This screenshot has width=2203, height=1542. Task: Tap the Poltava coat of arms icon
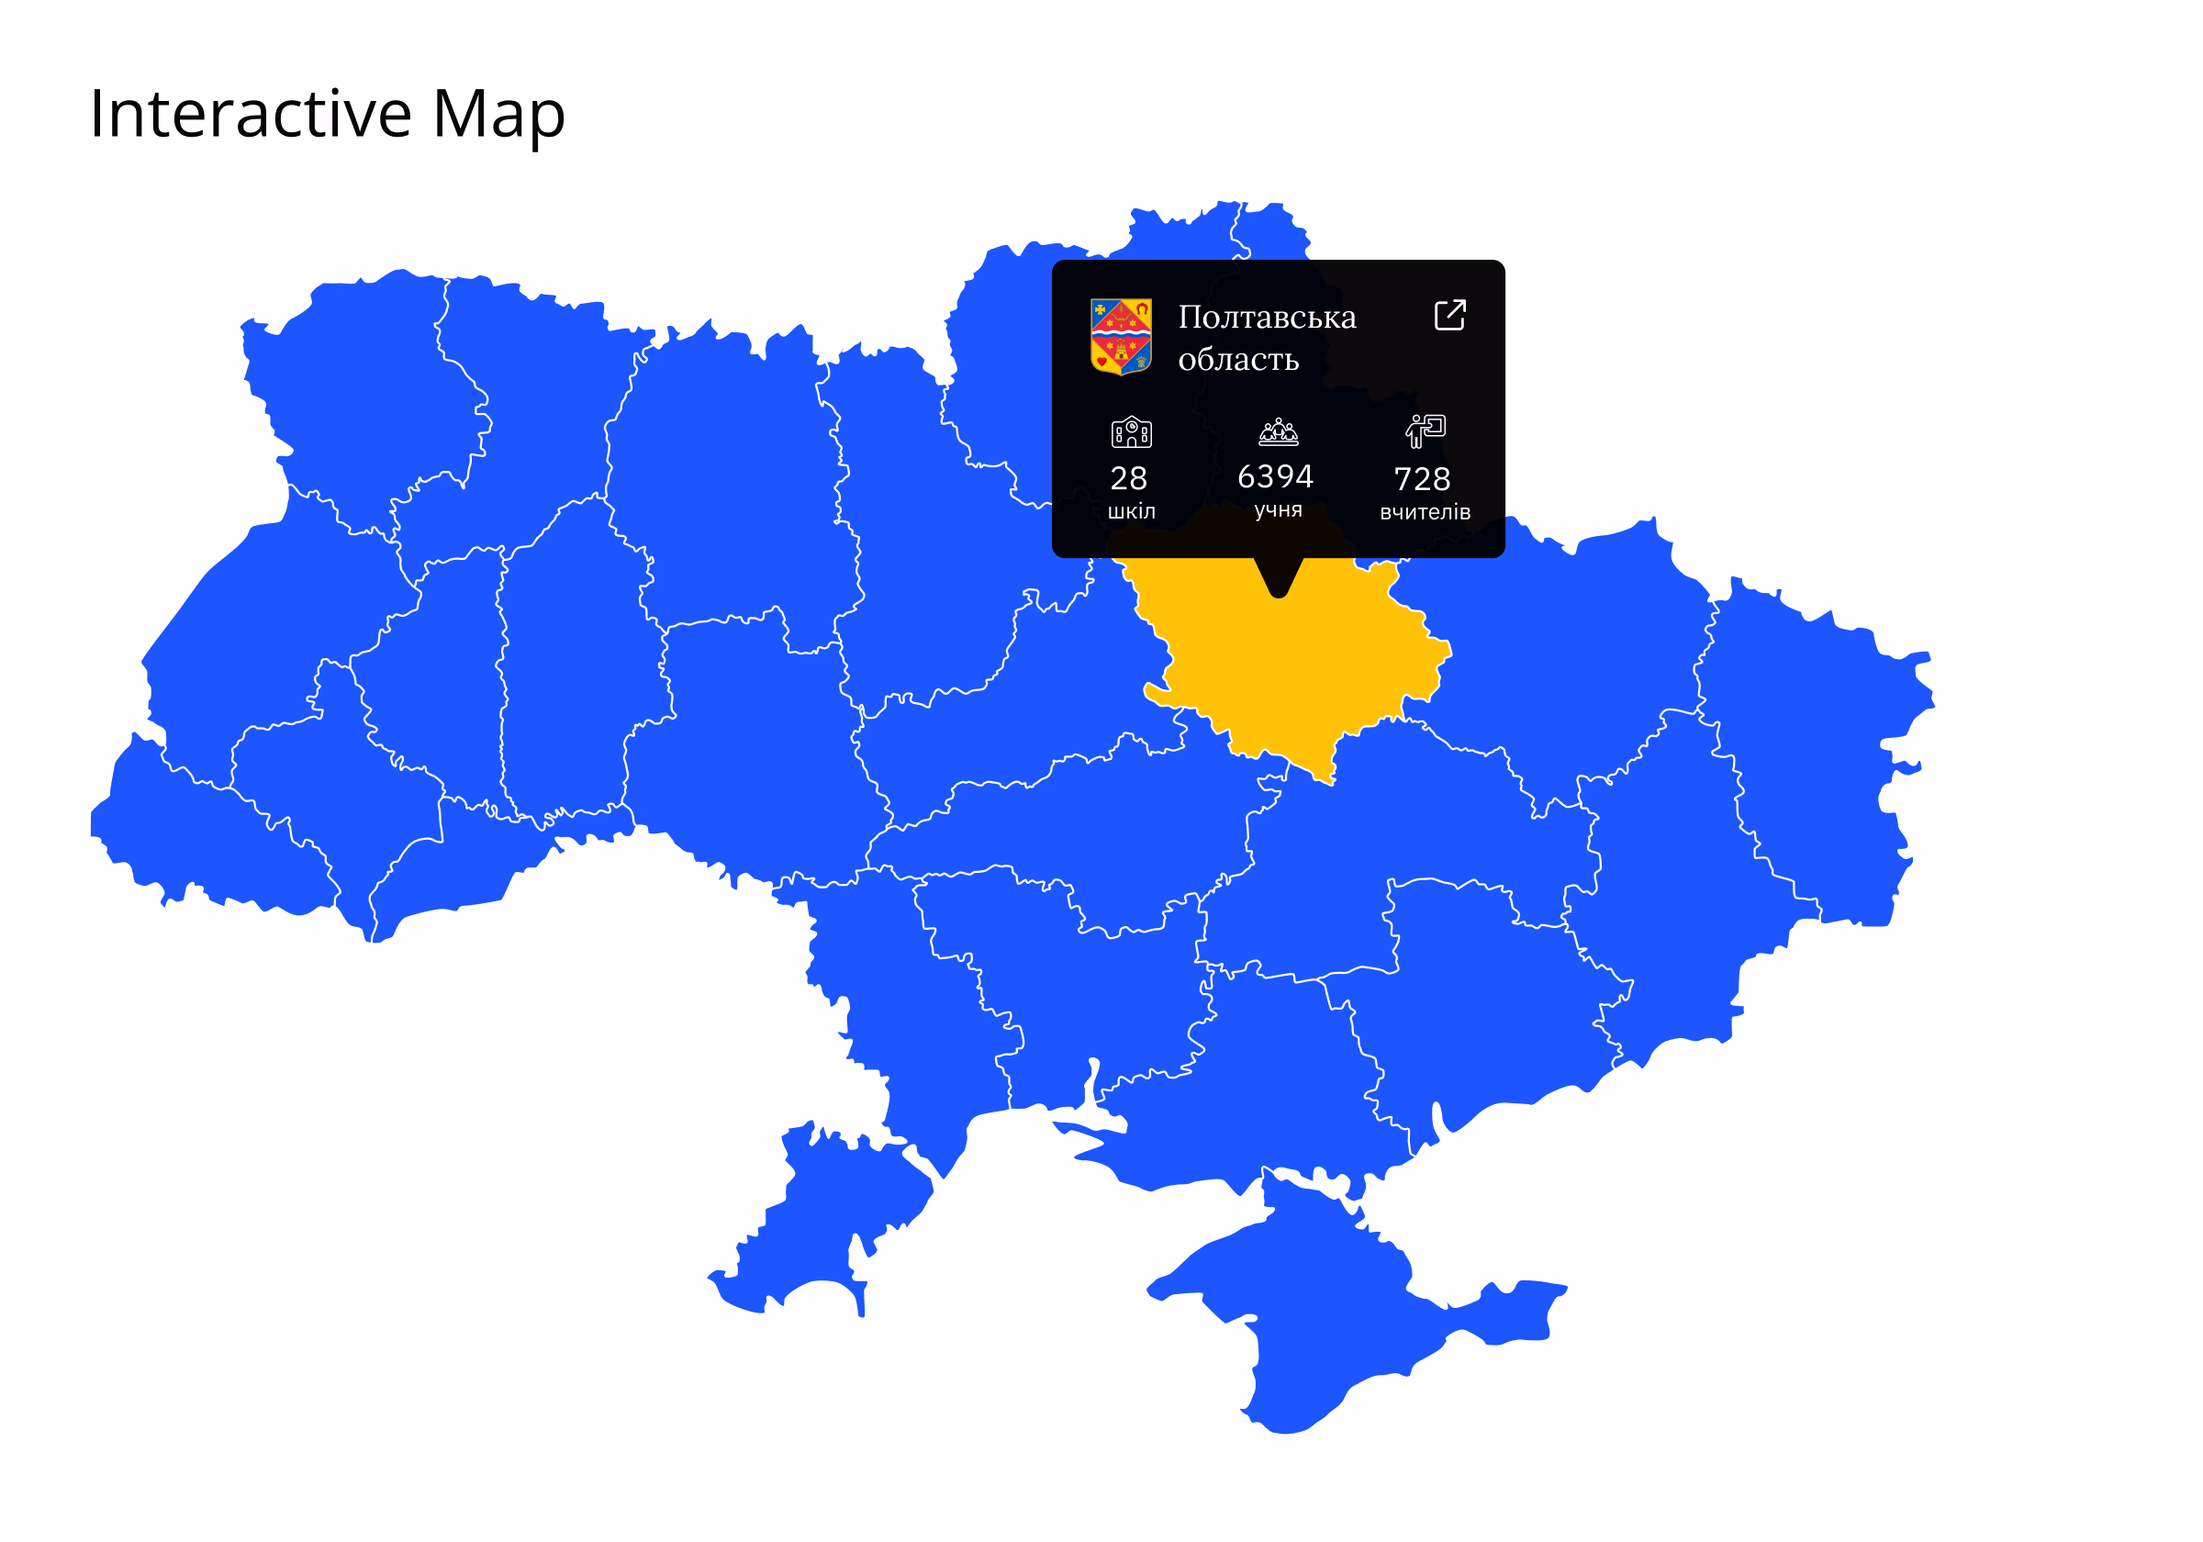click(x=1121, y=336)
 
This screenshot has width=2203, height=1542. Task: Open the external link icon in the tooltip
click(x=1448, y=315)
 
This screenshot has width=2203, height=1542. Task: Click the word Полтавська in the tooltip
click(x=1267, y=317)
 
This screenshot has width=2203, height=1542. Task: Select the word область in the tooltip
click(x=1237, y=359)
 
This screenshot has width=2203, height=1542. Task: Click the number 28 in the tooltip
click(x=1128, y=478)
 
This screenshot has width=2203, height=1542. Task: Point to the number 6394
click(x=1274, y=476)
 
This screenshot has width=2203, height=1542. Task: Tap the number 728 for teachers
click(x=1422, y=479)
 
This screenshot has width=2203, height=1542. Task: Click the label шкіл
click(x=1131, y=511)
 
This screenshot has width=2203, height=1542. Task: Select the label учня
click(x=1278, y=509)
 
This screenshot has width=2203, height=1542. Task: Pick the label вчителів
click(x=1425, y=512)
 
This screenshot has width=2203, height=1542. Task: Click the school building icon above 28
click(x=1131, y=431)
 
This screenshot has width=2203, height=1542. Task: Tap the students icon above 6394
click(x=1278, y=431)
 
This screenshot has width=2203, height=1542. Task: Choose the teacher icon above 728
click(x=1425, y=430)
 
